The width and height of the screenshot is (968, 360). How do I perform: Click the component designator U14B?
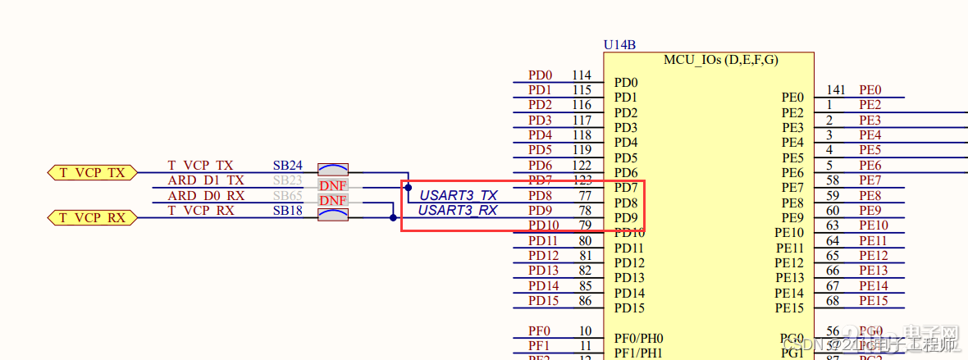click(x=619, y=44)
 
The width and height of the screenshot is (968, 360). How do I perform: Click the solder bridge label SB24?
click(x=287, y=166)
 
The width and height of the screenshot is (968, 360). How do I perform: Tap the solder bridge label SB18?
click(x=287, y=211)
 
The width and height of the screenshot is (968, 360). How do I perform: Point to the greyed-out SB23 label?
click(x=287, y=180)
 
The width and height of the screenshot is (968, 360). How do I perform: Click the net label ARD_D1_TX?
click(x=206, y=180)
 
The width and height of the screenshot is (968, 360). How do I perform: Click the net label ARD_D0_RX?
click(x=206, y=196)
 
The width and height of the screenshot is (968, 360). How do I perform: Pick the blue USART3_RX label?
click(x=458, y=211)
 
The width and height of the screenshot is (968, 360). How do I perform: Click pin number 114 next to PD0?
click(x=582, y=75)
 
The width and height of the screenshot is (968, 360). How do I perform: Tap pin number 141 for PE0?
click(x=835, y=90)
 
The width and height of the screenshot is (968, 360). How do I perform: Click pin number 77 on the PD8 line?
click(x=585, y=196)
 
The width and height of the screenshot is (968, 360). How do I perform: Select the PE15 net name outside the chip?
click(x=874, y=301)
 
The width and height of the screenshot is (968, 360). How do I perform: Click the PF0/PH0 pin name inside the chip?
click(x=639, y=338)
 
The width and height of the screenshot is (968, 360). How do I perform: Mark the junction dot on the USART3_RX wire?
click(x=393, y=217)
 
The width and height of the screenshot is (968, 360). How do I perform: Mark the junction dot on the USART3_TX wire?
click(x=408, y=188)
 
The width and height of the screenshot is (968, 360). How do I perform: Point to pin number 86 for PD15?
click(x=585, y=301)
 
